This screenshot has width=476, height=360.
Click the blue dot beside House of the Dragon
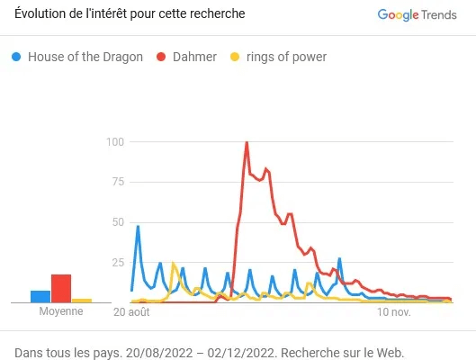16,57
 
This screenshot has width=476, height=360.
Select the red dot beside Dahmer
162,57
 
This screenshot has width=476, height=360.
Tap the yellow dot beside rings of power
236,57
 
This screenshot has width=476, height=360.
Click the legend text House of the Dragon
85,57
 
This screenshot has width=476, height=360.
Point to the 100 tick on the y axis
114,141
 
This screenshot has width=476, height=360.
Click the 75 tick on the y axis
117,181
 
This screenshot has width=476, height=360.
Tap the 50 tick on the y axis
117,221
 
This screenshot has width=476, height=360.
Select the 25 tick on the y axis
117,262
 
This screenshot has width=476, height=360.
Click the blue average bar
40,296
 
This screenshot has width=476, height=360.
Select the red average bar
61,288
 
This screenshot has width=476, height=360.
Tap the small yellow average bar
82,300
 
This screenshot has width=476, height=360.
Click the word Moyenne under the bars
61,311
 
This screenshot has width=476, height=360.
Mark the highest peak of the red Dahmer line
247,142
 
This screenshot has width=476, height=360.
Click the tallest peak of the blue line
138,226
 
